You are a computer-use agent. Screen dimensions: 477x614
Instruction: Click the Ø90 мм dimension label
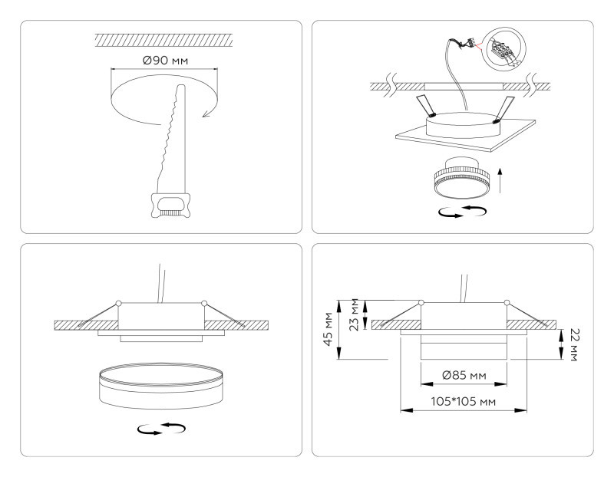click(163, 59)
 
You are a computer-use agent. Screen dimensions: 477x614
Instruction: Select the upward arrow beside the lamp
click(500, 182)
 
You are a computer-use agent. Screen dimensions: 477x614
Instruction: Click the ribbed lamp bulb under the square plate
click(457, 179)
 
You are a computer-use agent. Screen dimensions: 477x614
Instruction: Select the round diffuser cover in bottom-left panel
click(160, 387)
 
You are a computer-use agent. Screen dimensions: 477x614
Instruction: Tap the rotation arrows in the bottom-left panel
click(161, 430)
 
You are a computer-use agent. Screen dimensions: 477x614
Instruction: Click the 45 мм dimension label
click(328, 329)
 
